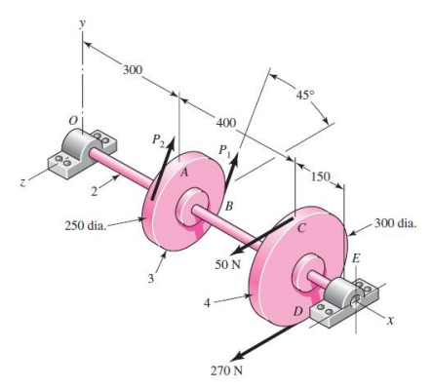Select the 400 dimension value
pyautogui.click(x=225, y=123)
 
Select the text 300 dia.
pyautogui.click(x=394, y=223)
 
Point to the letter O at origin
pyautogui.click(x=71, y=118)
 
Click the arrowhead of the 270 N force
pyautogui.click(x=215, y=355)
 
